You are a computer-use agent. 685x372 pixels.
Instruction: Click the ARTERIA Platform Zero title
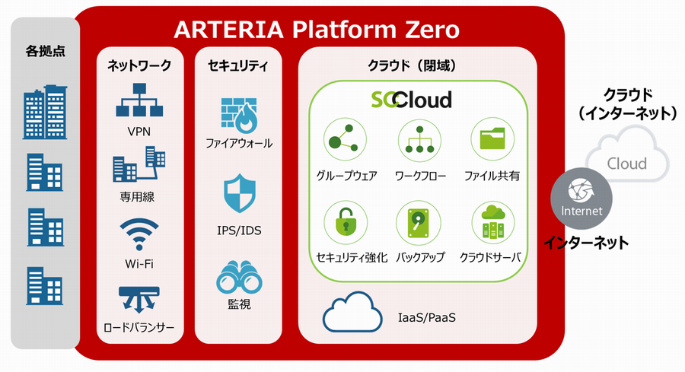pos(317,30)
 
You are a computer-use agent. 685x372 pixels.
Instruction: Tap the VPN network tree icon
pos(139,100)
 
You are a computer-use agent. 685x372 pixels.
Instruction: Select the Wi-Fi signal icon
pos(139,234)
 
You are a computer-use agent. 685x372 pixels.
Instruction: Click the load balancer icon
pos(139,300)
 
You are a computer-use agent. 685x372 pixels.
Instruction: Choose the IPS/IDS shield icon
pos(240,193)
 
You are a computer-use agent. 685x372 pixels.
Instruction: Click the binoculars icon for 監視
pos(239,277)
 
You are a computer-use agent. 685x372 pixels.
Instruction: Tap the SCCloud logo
pos(411,100)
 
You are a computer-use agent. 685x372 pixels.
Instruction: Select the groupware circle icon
pos(345,140)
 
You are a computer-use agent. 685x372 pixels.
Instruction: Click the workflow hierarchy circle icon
pos(419,141)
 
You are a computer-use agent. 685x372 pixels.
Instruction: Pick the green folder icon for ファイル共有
pos(492,139)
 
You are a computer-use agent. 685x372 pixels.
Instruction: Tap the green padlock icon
pos(346,222)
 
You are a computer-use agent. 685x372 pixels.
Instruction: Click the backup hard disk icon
pos(418,223)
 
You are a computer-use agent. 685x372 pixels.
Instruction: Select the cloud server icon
pos(493,223)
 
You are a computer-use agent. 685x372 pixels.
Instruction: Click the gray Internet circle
pos(581,199)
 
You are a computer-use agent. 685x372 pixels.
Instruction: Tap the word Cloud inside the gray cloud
pos(627,164)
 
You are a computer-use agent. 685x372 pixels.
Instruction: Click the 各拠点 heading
pos(45,51)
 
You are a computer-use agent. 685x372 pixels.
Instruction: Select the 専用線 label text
pos(137,197)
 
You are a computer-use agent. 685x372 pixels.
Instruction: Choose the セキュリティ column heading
pos(238,66)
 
